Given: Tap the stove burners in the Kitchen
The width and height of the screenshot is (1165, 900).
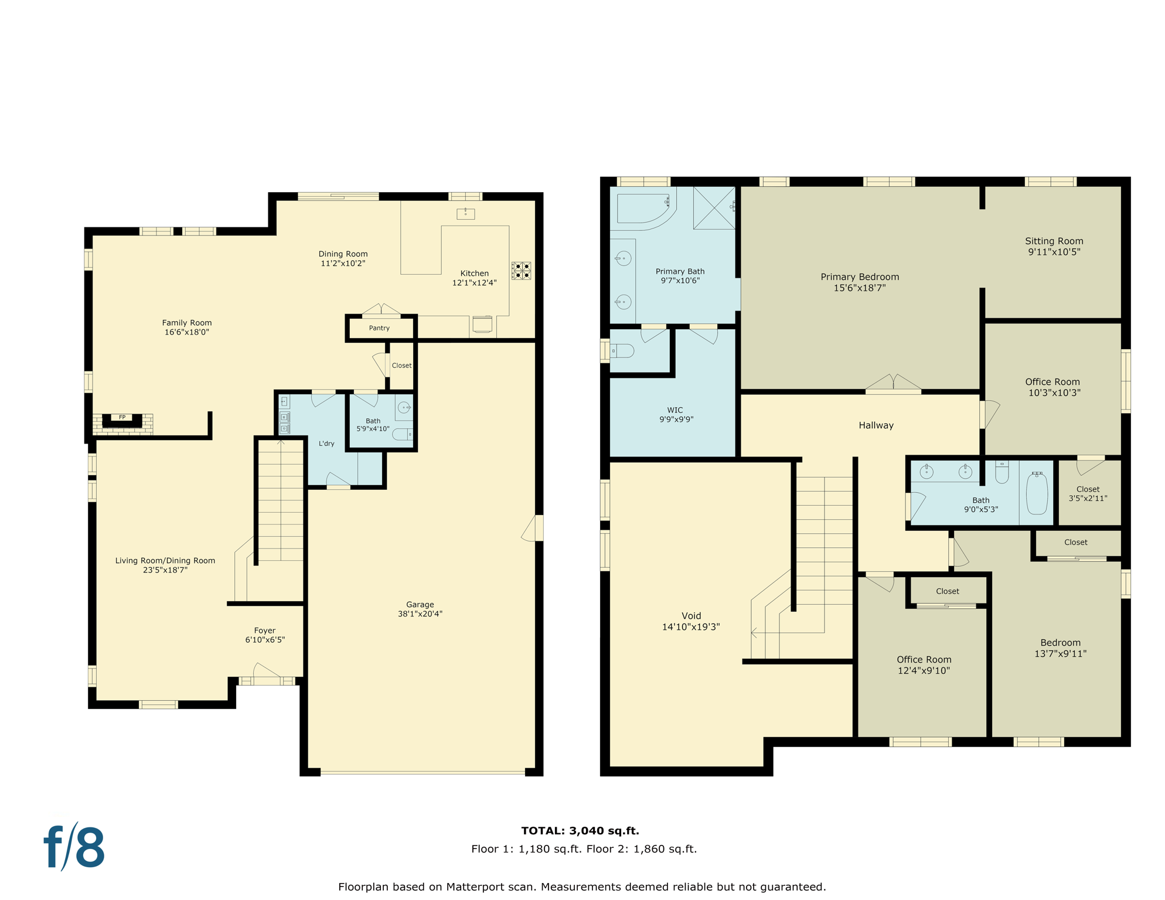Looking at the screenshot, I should [521, 271].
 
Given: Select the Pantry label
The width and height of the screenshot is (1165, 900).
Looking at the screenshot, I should [379, 328].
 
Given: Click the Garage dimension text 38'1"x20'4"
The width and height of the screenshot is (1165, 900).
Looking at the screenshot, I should [420, 614].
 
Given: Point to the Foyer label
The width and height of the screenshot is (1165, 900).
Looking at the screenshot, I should [265, 630].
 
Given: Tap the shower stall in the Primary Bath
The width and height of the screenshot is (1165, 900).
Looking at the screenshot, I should [714, 207].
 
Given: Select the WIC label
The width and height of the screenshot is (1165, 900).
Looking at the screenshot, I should [675, 410].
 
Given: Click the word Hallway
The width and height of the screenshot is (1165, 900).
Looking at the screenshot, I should [876, 425].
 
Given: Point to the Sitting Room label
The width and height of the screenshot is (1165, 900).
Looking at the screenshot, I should [1054, 241].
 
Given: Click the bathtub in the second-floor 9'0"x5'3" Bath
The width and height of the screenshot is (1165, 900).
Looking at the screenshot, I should [1037, 493].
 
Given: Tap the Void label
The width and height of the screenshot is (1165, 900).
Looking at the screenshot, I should [691, 616].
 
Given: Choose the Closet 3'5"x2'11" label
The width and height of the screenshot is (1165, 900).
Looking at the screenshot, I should [1088, 493].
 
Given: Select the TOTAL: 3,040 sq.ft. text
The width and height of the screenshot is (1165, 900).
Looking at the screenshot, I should [580, 830].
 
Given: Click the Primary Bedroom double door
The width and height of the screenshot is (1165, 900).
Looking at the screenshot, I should [893, 383].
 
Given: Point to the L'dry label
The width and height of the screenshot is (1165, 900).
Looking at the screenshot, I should [326, 444].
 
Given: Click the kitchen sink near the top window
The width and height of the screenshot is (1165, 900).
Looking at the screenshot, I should [466, 214].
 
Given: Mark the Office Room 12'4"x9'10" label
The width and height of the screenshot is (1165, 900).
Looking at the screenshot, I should [924, 665].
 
